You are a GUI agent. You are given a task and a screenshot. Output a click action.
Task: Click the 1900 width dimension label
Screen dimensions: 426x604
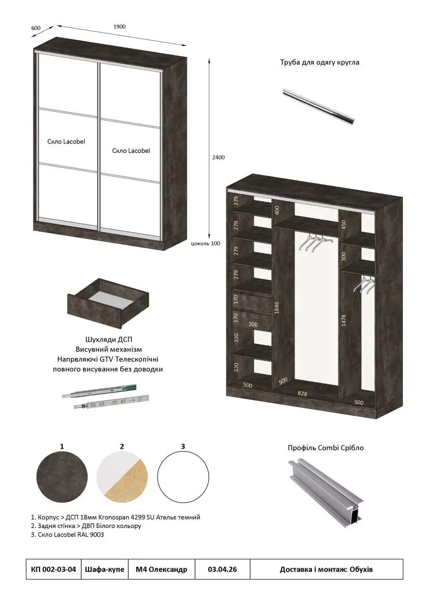119,27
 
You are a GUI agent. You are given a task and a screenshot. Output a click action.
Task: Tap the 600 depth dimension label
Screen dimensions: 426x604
36,28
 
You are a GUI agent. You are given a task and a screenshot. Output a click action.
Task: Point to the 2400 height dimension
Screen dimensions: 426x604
218,158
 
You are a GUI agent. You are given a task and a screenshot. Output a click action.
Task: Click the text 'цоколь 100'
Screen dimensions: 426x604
205,243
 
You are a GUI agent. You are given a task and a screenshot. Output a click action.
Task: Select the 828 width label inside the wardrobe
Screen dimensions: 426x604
302,394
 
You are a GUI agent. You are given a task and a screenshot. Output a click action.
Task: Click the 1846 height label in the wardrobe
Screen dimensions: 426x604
277,307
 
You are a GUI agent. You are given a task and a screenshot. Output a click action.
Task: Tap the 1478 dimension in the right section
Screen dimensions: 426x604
343,320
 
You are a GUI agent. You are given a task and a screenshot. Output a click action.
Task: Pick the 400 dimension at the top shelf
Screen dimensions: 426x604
277,210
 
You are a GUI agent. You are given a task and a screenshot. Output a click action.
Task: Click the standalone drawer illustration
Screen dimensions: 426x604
108,303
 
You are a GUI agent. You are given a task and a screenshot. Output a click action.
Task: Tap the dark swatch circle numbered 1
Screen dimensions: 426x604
62,477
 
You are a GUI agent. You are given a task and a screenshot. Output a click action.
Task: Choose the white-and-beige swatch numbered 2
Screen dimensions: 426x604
122,477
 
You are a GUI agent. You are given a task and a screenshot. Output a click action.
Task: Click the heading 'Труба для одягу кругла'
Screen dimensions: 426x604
319,62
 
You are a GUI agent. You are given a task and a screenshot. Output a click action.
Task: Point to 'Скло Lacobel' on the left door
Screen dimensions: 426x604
66,142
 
